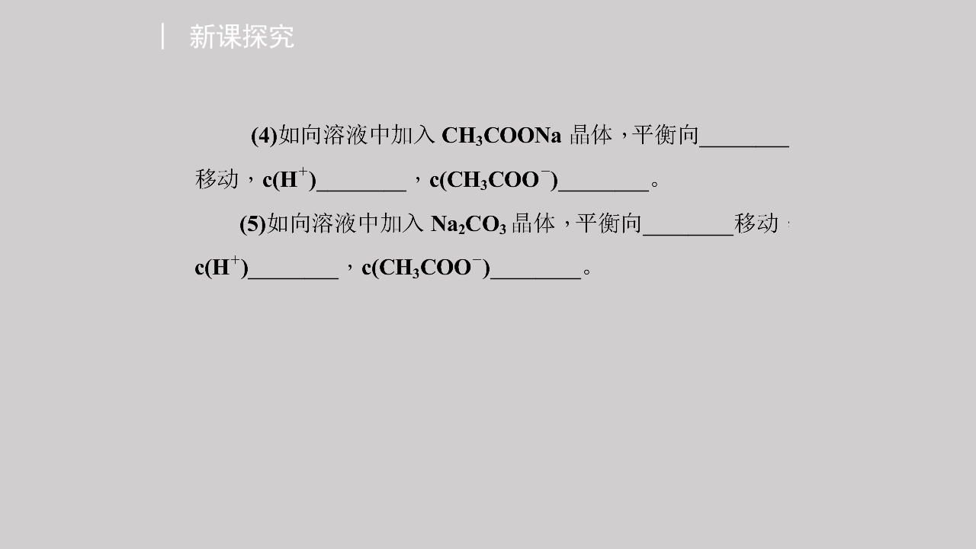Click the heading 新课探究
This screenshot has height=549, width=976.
click(x=242, y=37)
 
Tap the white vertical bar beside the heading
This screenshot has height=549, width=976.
click(x=162, y=36)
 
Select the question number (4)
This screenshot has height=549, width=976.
click(x=264, y=136)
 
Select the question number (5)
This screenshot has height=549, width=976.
click(x=252, y=224)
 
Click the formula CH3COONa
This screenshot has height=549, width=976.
click(x=502, y=136)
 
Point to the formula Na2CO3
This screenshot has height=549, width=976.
click(x=468, y=224)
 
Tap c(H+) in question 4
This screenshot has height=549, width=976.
click(x=289, y=179)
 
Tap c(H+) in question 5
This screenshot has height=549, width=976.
click(x=221, y=267)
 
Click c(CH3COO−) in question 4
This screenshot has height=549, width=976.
click(x=493, y=179)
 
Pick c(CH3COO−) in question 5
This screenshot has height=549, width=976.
click(x=426, y=268)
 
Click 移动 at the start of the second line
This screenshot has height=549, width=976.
click(x=217, y=179)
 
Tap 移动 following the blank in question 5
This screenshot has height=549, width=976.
click(x=756, y=223)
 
